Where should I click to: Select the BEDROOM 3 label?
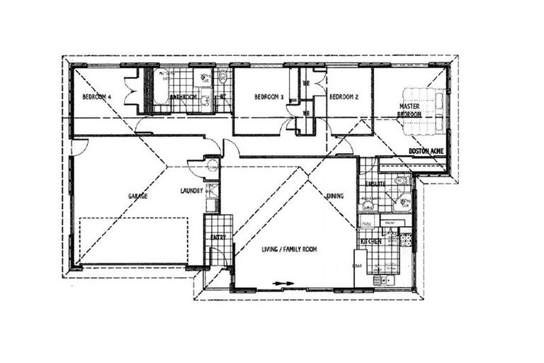269,97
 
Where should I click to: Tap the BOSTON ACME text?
426,152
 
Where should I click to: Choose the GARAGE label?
137,196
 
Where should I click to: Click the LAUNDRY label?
191,191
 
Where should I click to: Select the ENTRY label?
218,237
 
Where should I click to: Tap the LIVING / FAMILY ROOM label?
288,249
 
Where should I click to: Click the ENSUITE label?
374,184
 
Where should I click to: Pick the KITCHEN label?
371,242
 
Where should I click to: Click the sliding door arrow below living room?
283,284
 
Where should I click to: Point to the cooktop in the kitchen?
406,241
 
